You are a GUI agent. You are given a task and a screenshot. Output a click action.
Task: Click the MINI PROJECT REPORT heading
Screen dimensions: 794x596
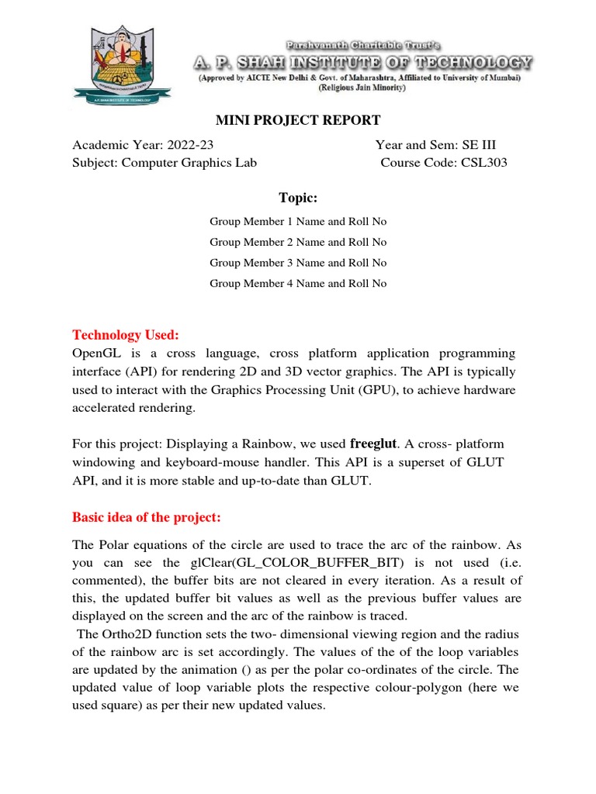pos(297,120)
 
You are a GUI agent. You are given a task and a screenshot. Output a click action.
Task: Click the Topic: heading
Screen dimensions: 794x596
pos(298,198)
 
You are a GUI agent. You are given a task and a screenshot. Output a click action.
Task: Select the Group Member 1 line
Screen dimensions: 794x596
pos(298,222)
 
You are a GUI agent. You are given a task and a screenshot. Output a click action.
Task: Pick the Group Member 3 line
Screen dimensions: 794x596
pos(298,263)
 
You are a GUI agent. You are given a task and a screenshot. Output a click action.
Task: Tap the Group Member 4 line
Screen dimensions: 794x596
pos(298,284)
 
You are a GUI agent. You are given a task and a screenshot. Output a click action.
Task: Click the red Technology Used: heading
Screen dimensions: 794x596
pos(126,335)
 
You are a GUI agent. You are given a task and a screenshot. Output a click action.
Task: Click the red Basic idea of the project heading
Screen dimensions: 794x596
pos(147,517)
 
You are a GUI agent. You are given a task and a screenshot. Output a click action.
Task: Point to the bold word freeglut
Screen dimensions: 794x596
pos(373,444)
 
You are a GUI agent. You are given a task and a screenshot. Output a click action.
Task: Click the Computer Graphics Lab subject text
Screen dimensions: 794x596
pos(189,162)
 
